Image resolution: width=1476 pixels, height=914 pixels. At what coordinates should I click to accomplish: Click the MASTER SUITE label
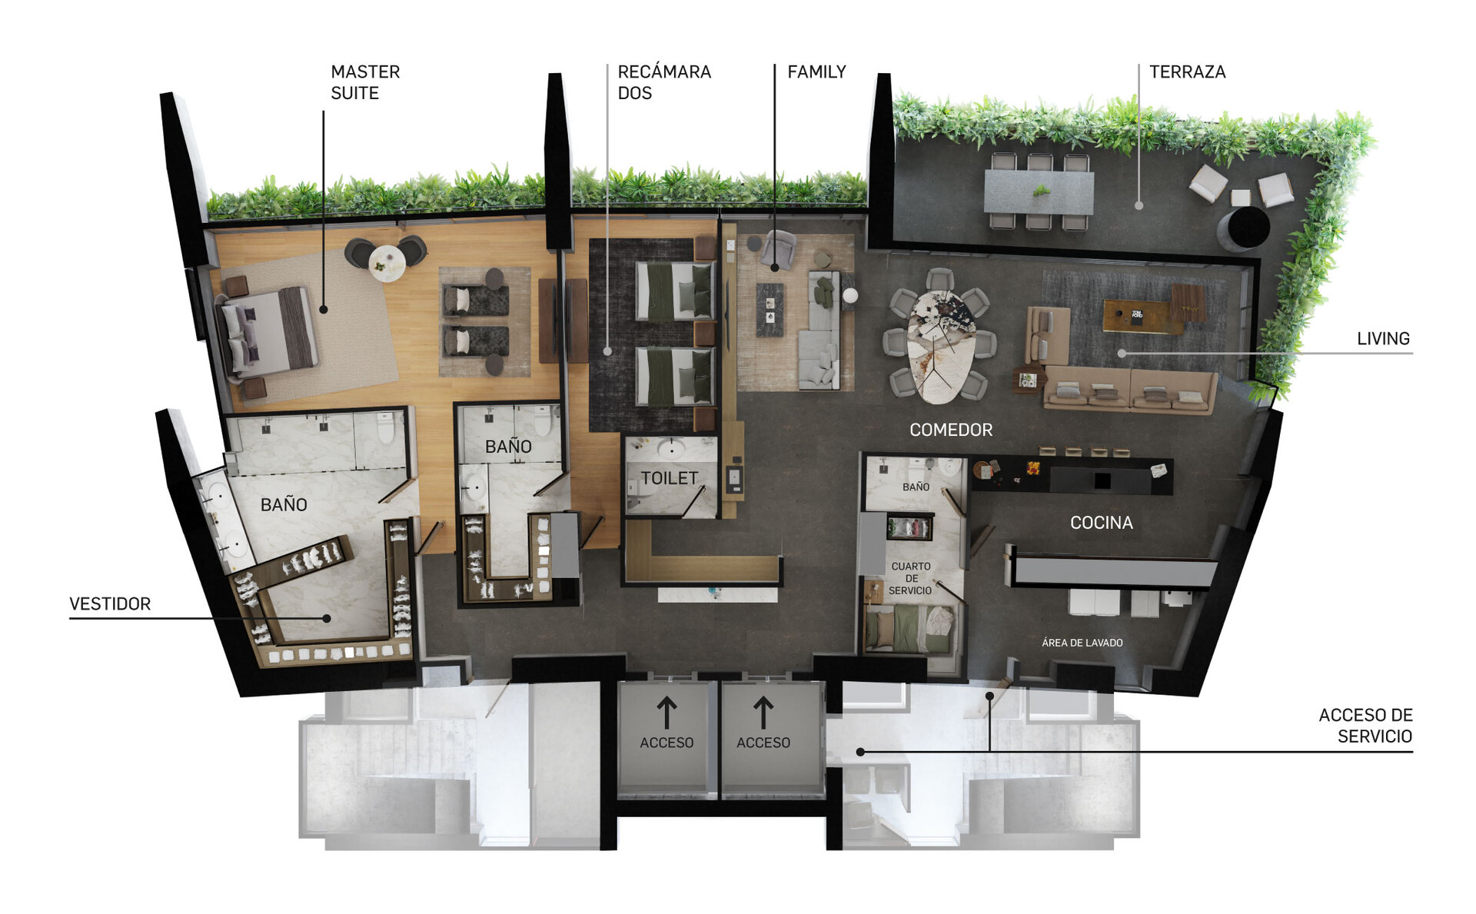pyautogui.click(x=365, y=82)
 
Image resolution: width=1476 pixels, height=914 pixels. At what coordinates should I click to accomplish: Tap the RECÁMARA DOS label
pyautogui.click(x=664, y=82)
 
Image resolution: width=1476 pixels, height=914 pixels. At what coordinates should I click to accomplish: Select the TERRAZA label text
pyautogui.click(x=1187, y=72)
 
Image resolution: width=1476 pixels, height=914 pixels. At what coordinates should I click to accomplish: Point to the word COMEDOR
pyautogui.click(x=951, y=430)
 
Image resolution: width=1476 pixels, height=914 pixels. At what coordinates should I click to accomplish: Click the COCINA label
pyautogui.click(x=1101, y=523)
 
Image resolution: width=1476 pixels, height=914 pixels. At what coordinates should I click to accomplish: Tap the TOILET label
pyautogui.click(x=669, y=478)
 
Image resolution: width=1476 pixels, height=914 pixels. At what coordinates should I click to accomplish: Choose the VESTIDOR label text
pyautogui.click(x=110, y=604)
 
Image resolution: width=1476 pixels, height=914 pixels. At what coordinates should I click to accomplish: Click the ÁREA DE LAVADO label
pyautogui.click(x=1082, y=643)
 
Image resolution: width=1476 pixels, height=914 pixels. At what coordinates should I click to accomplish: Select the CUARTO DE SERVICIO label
pyautogui.click(x=910, y=578)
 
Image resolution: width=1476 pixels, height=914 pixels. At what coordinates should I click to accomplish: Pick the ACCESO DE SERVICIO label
pyautogui.click(x=1365, y=726)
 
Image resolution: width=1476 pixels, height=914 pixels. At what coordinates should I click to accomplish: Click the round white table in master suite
pyautogui.click(x=387, y=263)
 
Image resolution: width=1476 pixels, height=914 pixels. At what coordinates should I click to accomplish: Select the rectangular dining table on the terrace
pyautogui.click(x=1039, y=192)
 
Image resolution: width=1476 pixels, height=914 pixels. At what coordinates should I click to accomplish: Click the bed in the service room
pyautogui.click(x=910, y=628)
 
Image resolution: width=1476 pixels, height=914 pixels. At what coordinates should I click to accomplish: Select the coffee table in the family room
pyautogui.click(x=770, y=310)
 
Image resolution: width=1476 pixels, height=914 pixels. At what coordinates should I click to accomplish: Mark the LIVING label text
pyautogui.click(x=1383, y=339)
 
